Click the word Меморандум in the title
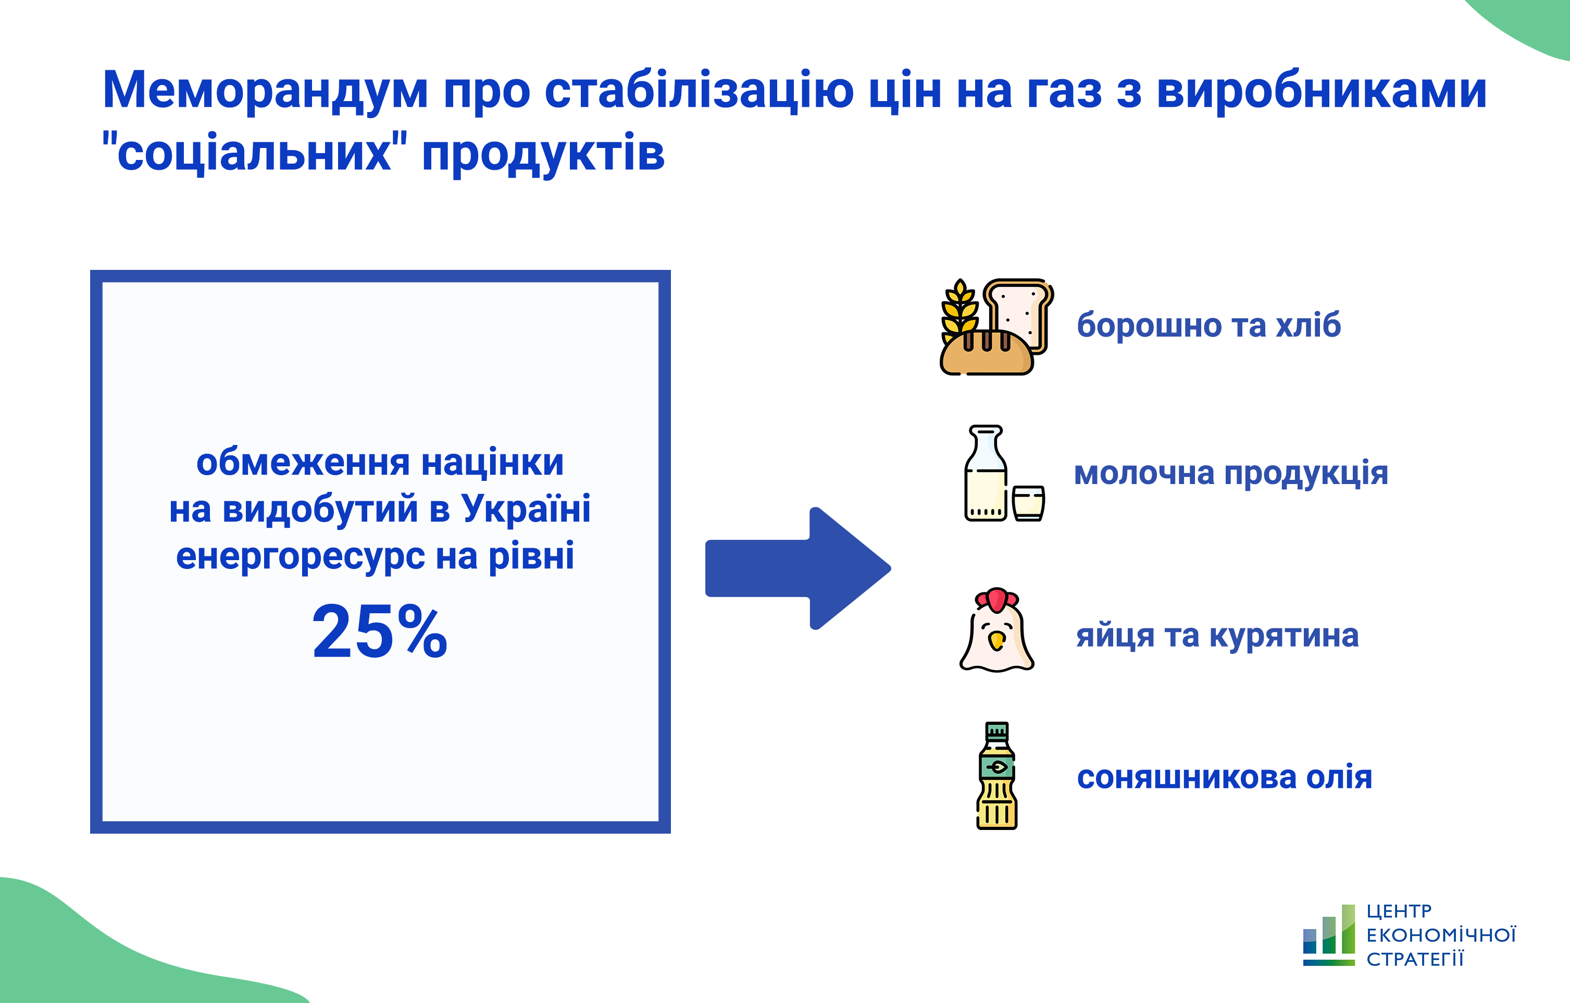point(265,91)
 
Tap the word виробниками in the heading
point(1322,91)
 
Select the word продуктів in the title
point(543,153)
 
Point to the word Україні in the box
point(526,508)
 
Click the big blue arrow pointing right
point(798,568)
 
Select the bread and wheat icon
point(996,327)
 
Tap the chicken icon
point(996,629)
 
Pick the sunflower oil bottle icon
point(997,775)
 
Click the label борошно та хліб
point(1209,324)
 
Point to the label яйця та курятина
point(1217,636)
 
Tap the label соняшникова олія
point(1225,777)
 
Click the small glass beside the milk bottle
point(1028,503)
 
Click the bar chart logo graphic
point(1329,935)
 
